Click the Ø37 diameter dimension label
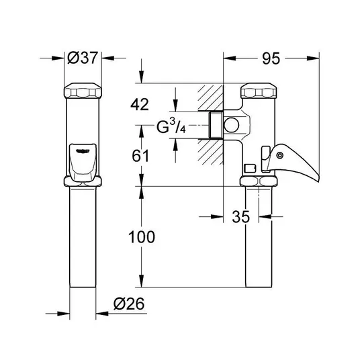pyautogui.click(x=83, y=58)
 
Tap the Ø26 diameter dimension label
pyautogui.click(x=129, y=304)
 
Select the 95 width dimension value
pyautogui.click(x=271, y=58)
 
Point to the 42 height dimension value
pyautogui.click(x=140, y=104)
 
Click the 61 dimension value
pyautogui.click(x=140, y=156)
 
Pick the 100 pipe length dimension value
pyautogui.click(x=142, y=237)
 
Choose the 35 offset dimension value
pyautogui.click(x=240, y=216)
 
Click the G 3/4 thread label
pyautogui.click(x=171, y=126)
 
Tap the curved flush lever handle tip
pyautogui.click(x=318, y=180)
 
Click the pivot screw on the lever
pyautogui.click(x=279, y=155)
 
